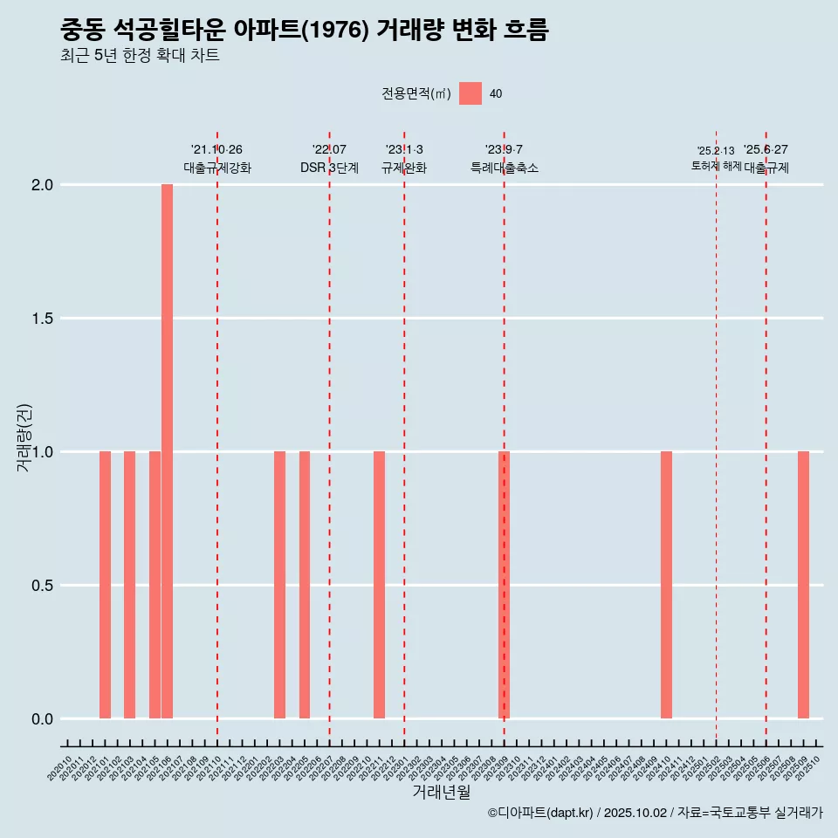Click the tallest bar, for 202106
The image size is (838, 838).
coord(167,451)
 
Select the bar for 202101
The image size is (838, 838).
coord(105,585)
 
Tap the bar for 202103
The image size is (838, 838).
coord(129,585)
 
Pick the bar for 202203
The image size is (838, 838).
coord(279,585)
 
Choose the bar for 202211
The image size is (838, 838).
coord(379,585)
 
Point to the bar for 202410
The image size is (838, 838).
coord(666,585)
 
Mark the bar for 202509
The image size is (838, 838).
coord(803,585)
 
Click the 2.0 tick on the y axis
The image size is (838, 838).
coord(44,185)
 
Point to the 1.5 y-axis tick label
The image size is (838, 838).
coord(44,319)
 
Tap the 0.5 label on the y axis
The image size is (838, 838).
coord(44,586)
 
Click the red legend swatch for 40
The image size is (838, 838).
coord(471,93)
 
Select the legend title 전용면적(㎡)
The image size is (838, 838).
coord(416,93)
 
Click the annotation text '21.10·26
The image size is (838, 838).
coord(216,149)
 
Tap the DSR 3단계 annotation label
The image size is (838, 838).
coord(329,168)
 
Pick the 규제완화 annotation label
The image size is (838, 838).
coord(404,168)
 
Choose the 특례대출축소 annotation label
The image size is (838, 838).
coord(504,168)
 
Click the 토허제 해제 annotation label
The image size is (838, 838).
coord(716,166)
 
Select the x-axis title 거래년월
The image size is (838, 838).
coord(441,793)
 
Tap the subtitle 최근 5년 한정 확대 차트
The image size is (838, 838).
coord(140,56)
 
